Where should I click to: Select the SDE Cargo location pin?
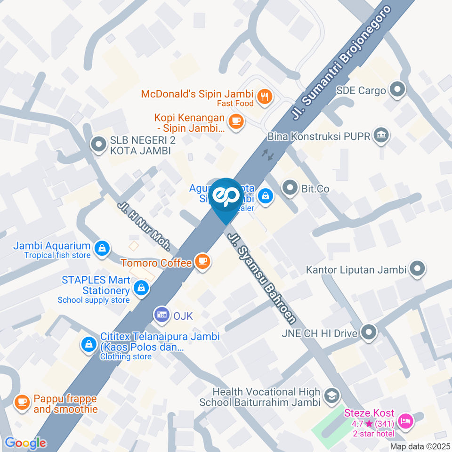click(398, 90)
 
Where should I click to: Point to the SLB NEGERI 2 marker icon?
click(98, 145)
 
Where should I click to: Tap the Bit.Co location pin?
click(289, 188)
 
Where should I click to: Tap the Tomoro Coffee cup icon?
click(203, 261)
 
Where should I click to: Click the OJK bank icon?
click(162, 315)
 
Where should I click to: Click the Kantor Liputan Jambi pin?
click(417, 269)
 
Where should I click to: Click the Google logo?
click(25, 443)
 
